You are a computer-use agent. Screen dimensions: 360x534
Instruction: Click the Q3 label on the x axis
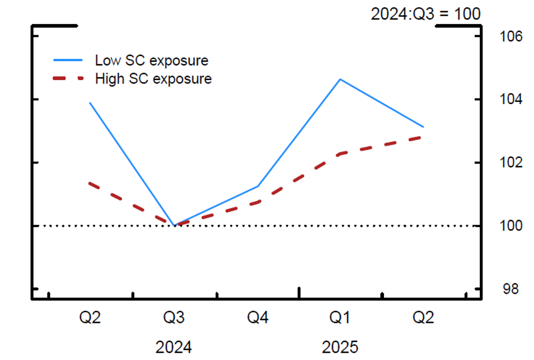tap(174, 318)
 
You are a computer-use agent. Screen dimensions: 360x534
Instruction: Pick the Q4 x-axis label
tap(257, 318)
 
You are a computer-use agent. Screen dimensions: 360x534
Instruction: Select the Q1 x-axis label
tap(340, 318)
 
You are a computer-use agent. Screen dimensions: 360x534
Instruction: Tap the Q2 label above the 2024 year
tap(90, 318)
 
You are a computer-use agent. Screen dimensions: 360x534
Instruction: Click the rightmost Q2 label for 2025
tap(423, 318)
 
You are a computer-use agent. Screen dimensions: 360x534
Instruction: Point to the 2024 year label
tap(174, 347)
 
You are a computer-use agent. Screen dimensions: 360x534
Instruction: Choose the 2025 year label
tap(340, 347)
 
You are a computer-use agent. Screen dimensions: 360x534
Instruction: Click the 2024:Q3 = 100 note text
tap(425, 13)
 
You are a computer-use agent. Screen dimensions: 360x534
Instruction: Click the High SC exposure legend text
tap(153, 79)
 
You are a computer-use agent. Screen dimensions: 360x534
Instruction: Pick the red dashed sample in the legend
tap(68, 79)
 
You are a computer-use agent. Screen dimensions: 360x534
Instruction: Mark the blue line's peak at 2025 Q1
tap(340, 79)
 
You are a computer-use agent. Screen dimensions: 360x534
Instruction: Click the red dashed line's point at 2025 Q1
tap(340, 153)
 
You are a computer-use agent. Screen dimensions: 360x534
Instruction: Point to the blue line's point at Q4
tap(257, 186)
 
